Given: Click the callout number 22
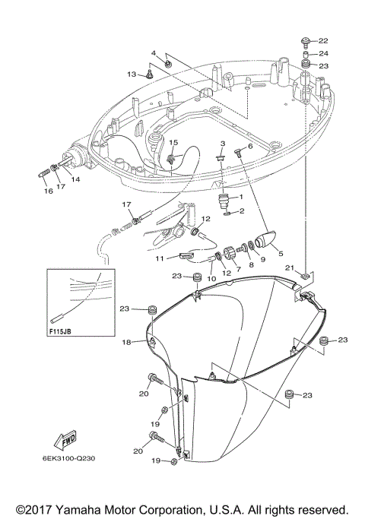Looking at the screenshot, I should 323,40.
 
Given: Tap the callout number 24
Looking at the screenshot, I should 323,53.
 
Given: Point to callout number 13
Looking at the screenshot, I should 131,74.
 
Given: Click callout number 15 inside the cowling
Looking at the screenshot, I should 173,142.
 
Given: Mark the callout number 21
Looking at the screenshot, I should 289,268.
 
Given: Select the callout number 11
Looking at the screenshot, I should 160,259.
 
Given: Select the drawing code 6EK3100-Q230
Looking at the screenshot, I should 68,459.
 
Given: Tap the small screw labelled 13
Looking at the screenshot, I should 151,74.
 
